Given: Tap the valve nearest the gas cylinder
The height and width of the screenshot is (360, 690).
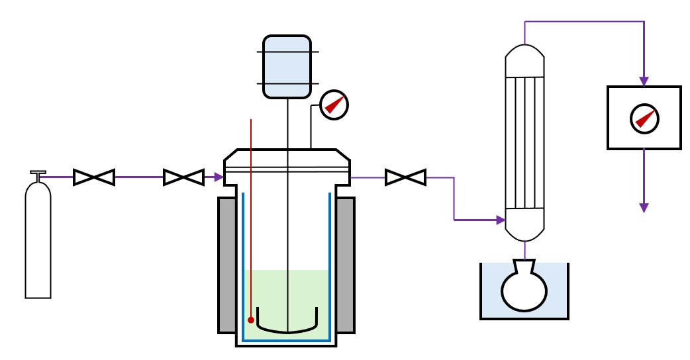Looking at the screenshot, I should click(94, 177).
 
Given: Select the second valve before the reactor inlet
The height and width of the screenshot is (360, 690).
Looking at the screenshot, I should click(183, 177).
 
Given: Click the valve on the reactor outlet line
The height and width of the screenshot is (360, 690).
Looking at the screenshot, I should click(405, 177).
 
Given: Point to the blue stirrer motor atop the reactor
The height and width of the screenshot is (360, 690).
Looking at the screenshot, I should click(287, 67).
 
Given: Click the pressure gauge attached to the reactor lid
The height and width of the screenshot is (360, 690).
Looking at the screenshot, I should click(334, 105).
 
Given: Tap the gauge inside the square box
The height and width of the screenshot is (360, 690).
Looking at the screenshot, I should click(644, 118).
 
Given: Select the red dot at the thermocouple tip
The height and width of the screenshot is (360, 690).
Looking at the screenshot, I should click(251, 320).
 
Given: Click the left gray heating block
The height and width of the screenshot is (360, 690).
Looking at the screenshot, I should click(227, 265).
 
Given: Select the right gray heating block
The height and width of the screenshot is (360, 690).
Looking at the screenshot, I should click(345, 265).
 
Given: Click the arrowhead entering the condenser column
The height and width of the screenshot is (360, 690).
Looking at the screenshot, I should click(501, 220).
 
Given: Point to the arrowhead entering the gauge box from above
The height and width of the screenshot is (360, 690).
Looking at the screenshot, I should click(644, 81).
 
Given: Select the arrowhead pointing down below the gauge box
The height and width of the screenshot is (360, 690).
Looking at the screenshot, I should click(644, 208).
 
